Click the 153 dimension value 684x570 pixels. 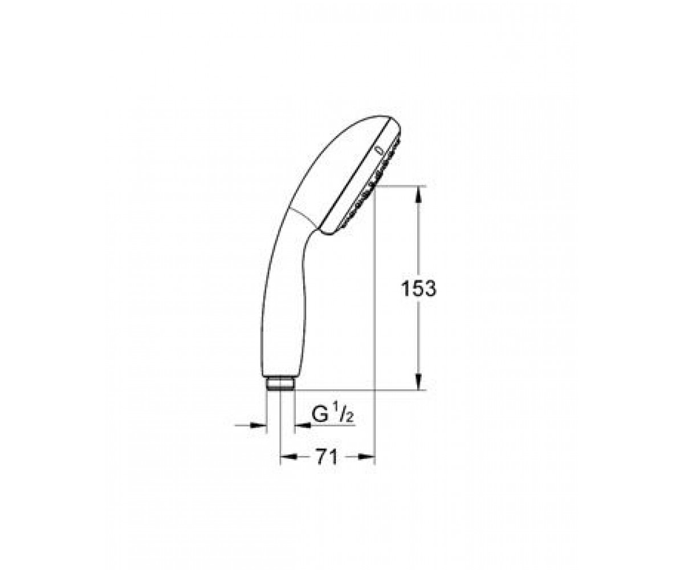pyautogui.click(x=418, y=289)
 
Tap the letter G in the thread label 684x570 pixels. pyautogui.click(x=320, y=415)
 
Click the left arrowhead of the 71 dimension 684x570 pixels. pyautogui.click(x=288, y=457)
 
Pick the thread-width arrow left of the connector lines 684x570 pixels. pyautogui.click(x=250, y=426)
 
